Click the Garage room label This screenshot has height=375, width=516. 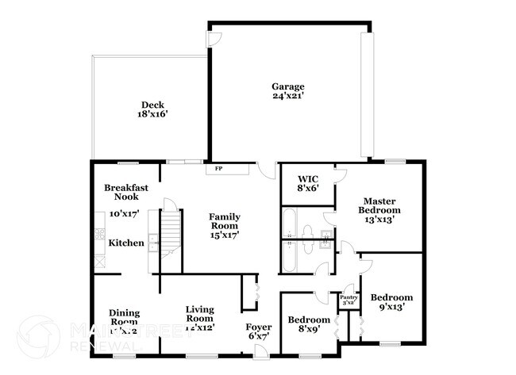pos(288,86)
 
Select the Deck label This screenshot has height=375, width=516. pos(153,105)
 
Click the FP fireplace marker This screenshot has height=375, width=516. pos(219,169)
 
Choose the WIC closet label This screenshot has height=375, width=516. pos(308,179)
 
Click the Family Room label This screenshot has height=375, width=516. pos(225,220)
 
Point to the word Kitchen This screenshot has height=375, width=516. pos(125,243)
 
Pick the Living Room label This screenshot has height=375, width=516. pos(200,313)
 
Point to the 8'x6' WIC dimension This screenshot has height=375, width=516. pos(308,189)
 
